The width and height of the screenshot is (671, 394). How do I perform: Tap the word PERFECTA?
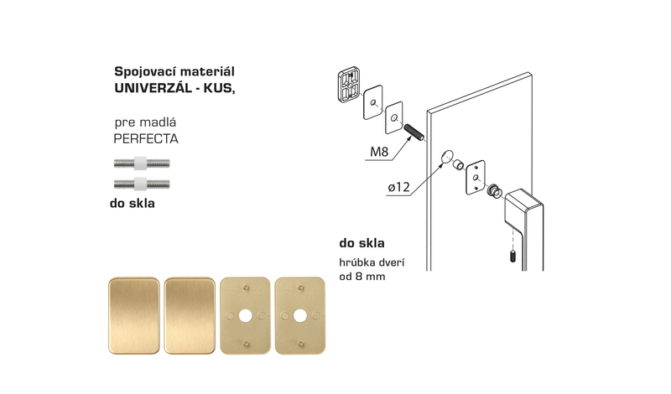(x=146, y=138)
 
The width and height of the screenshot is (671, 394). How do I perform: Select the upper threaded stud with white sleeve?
(x=142, y=163)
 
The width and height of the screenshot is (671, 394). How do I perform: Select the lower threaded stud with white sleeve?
(x=142, y=184)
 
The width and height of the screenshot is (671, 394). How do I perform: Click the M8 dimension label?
(x=379, y=152)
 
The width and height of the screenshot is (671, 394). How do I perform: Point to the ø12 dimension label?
(x=399, y=187)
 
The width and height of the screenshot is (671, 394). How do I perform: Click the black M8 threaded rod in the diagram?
(x=414, y=132)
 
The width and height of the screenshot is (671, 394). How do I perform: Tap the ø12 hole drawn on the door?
(x=447, y=156)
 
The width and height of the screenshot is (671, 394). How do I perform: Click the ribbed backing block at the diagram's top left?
(x=349, y=85)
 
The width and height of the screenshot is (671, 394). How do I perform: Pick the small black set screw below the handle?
(x=512, y=257)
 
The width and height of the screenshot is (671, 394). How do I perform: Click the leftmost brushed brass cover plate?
(x=134, y=316)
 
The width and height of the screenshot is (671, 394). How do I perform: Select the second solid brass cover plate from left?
(x=190, y=316)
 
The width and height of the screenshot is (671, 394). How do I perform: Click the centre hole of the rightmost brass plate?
(x=300, y=316)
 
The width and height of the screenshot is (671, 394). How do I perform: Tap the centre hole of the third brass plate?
(x=245, y=316)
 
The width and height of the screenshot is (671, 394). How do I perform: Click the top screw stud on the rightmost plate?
(x=300, y=288)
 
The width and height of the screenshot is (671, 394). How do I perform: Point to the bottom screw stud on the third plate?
(x=246, y=344)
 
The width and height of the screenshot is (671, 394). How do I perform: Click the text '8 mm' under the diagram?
(x=368, y=277)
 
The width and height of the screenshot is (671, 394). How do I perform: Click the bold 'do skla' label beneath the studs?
(x=133, y=203)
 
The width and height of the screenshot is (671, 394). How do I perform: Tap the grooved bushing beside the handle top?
(x=495, y=191)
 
